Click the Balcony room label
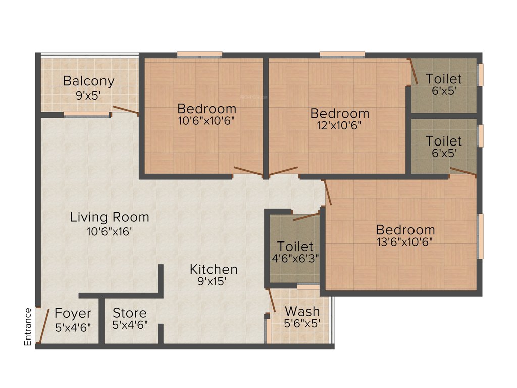click(x=89, y=81)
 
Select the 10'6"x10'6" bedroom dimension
click(x=206, y=122)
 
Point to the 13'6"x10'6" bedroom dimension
click(x=405, y=242)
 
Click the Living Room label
click(x=110, y=217)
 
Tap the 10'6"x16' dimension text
click(x=110, y=232)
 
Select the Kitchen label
click(x=214, y=269)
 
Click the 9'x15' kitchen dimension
click(x=214, y=282)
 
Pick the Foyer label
click(x=73, y=313)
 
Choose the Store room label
click(x=130, y=313)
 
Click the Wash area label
click(x=302, y=310)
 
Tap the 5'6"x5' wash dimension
click(x=302, y=324)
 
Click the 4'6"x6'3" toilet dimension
click(x=295, y=260)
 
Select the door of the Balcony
click(x=125, y=111)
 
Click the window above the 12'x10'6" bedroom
click(x=342, y=54)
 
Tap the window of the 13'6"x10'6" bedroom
click(x=480, y=236)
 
